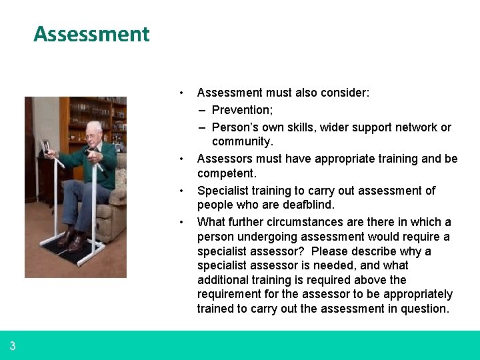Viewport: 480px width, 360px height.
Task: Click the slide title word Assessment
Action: (91, 34)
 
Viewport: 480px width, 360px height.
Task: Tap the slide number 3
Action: (13, 346)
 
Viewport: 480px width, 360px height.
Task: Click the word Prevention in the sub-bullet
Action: (237, 110)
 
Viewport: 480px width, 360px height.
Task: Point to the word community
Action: (241, 141)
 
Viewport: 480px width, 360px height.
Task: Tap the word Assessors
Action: (225, 159)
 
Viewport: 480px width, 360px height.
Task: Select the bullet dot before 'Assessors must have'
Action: (181, 159)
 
